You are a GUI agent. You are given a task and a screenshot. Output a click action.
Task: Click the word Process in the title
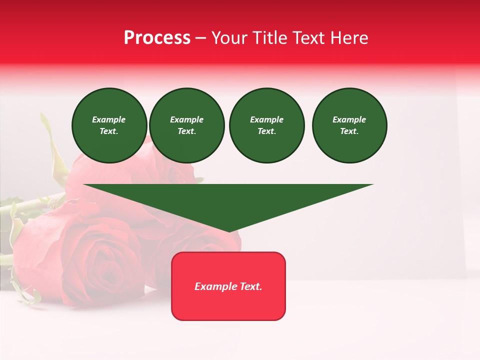(157, 38)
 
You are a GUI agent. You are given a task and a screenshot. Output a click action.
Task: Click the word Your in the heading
(228, 38)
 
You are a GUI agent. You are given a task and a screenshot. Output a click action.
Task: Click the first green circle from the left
(109, 125)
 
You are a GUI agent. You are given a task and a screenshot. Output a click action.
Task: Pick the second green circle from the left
(186, 125)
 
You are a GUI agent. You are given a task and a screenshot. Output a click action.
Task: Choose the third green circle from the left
(266, 125)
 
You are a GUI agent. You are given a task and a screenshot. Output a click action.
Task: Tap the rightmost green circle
(349, 125)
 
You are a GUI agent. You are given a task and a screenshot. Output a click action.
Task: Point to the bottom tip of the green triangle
(229, 231)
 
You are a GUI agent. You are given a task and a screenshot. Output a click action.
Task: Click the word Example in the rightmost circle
(349, 119)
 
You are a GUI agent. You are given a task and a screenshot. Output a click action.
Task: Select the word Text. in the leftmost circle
(109, 131)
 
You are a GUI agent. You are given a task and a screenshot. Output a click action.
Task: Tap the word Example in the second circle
(186, 119)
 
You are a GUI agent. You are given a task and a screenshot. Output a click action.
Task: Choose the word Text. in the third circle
(266, 131)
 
